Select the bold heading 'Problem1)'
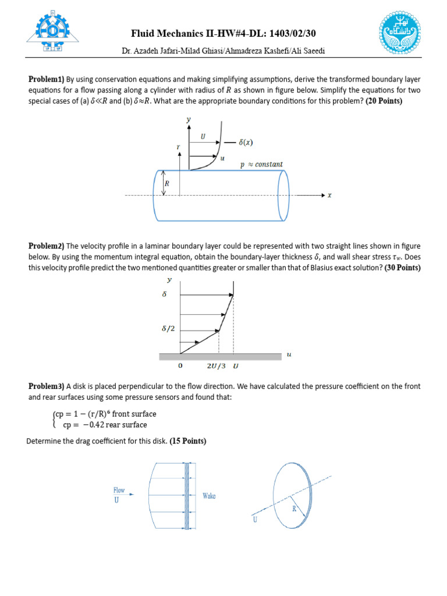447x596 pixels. tap(47, 79)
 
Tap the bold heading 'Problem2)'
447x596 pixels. tap(47, 246)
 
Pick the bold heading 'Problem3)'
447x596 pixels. tap(47, 386)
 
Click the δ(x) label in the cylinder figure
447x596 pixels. tap(246, 142)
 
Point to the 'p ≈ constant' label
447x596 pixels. tap(262, 165)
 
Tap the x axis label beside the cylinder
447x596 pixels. tap(329, 196)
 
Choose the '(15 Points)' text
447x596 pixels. tap(188, 441)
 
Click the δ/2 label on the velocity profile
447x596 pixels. tap(168, 329)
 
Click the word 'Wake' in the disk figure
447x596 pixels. tap(209, 496)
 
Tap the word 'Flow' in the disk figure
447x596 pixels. tap(119, 491)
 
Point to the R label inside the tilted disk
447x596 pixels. tap(295, 508)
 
